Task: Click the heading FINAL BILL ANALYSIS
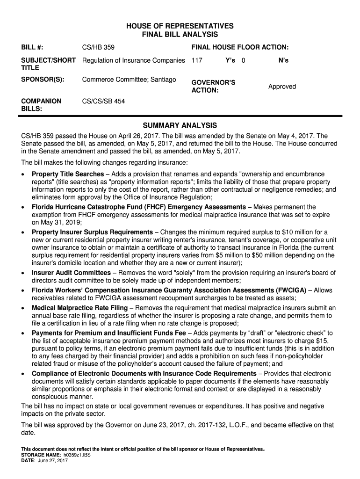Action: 180,35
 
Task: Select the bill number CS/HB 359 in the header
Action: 98,48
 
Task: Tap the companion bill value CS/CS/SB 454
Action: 103,101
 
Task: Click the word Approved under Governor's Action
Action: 282,87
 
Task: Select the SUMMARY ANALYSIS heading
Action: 180,125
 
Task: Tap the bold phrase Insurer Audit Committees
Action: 71,273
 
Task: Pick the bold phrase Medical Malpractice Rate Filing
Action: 79,308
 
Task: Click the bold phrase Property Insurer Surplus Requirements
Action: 92,232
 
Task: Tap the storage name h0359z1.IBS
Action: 79,455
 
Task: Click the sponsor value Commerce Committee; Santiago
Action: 129,80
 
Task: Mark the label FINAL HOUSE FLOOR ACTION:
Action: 240,48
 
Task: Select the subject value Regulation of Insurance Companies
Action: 134,61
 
